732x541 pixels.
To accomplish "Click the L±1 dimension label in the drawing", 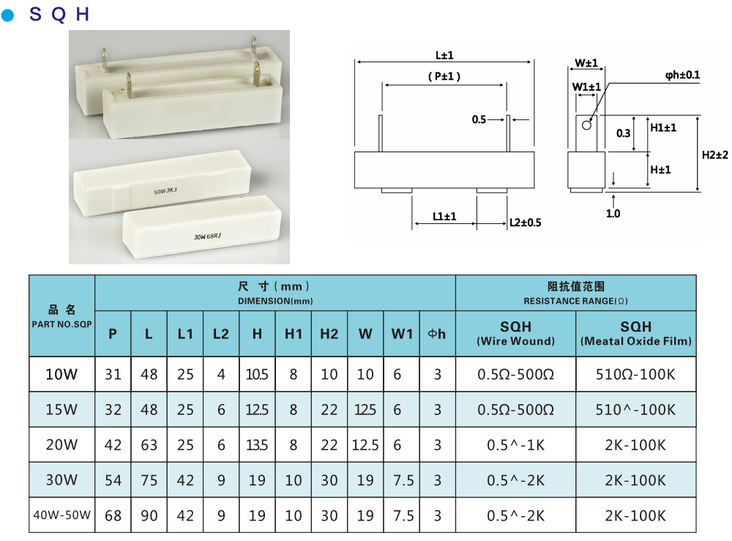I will point(444,55).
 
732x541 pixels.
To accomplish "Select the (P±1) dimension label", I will point(444,77).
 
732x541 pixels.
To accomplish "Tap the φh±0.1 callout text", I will point(682,75).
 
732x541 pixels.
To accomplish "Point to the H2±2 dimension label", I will point(715,154).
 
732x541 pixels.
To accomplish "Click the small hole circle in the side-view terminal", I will point(586,125).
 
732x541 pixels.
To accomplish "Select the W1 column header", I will point(402,334).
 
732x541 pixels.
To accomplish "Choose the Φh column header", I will point(437,334).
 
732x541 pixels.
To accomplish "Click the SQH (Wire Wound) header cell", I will point(515,333).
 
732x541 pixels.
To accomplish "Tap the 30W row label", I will point(61,480).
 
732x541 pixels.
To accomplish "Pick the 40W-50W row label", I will point(61,515).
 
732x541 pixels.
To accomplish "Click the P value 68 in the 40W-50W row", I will point(113,515).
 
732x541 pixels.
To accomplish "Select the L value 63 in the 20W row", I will point(149,445).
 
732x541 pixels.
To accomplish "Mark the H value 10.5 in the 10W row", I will point(257,375).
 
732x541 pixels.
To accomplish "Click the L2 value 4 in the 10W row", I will point(221,375).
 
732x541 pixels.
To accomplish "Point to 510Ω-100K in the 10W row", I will point(635,375).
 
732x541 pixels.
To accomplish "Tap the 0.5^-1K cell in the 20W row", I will point(515,445).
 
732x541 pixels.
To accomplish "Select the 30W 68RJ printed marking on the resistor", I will point(208,236).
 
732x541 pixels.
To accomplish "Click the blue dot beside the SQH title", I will point(8,15).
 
